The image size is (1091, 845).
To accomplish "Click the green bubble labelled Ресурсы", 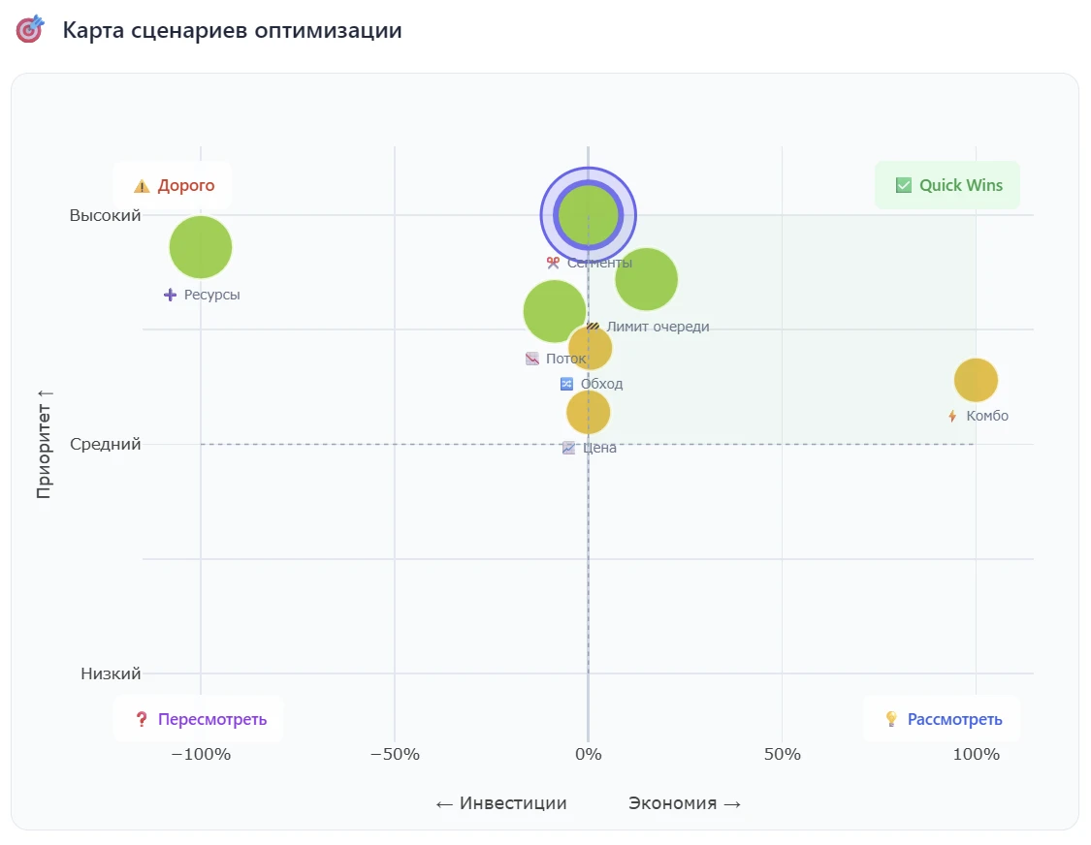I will point(201,247).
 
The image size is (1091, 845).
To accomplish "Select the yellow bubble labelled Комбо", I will point(976,379).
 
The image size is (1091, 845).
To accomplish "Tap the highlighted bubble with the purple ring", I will point(588,215).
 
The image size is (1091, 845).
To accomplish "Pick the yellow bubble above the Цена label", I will point(588,412).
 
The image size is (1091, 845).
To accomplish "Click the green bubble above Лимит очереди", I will point(646,279).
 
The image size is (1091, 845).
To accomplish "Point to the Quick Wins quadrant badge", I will point(947,185).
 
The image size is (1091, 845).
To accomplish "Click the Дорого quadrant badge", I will point(174,185).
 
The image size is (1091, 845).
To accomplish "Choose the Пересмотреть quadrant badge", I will point(200,719).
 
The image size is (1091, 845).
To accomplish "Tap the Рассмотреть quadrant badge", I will point(943,719).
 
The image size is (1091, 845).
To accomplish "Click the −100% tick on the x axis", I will point(201,754).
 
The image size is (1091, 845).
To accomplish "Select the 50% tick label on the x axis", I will point(782,754).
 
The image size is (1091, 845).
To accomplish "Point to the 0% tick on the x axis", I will point(588,754).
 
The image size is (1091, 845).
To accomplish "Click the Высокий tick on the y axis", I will point(105,215).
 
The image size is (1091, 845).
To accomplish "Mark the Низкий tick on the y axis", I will point(111,673).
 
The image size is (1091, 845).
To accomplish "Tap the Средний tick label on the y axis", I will point(105,445).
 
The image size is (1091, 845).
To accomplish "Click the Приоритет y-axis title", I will point(44,445).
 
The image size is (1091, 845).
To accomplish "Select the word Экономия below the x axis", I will point(673,803).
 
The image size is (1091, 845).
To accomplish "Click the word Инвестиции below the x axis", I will point(513,803).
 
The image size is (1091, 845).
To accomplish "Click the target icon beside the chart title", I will point(30,30).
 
